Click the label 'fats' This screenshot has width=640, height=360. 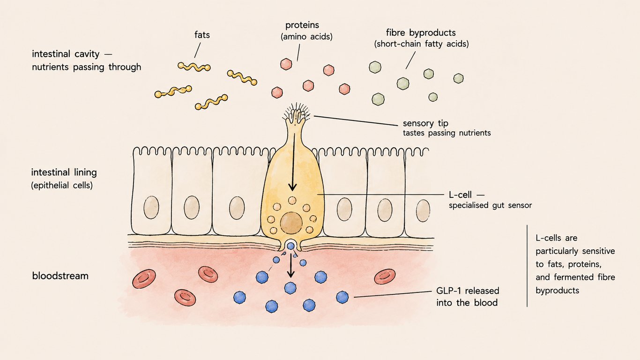pos(202,35)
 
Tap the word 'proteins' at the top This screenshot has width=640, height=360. pos(302,25)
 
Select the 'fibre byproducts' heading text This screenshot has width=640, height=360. pos(421,33)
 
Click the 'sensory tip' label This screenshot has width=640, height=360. pos(425,123)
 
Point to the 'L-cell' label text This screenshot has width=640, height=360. pos(460,195)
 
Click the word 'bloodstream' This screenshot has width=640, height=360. pos(60,276)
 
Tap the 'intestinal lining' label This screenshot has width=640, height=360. pos(64,172)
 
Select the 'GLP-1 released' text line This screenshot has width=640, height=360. pos(468,291)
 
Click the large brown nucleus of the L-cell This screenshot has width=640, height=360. pos(291,223)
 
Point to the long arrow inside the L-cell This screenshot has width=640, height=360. pos(293,162)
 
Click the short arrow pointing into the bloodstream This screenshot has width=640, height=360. pos(291,266)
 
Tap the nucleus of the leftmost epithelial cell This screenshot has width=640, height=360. pos(151,207)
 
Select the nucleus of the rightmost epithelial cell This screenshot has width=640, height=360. pos(423,210)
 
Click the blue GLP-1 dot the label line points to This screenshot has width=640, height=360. pos(342,297)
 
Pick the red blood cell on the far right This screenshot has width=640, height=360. pos(385,277)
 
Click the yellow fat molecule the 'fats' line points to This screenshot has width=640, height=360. pos(194,67)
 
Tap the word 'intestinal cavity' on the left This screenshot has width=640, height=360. pos(66,54)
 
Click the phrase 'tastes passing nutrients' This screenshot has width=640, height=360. pos(447,133)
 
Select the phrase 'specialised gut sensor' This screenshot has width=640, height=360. pos(490,205)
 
